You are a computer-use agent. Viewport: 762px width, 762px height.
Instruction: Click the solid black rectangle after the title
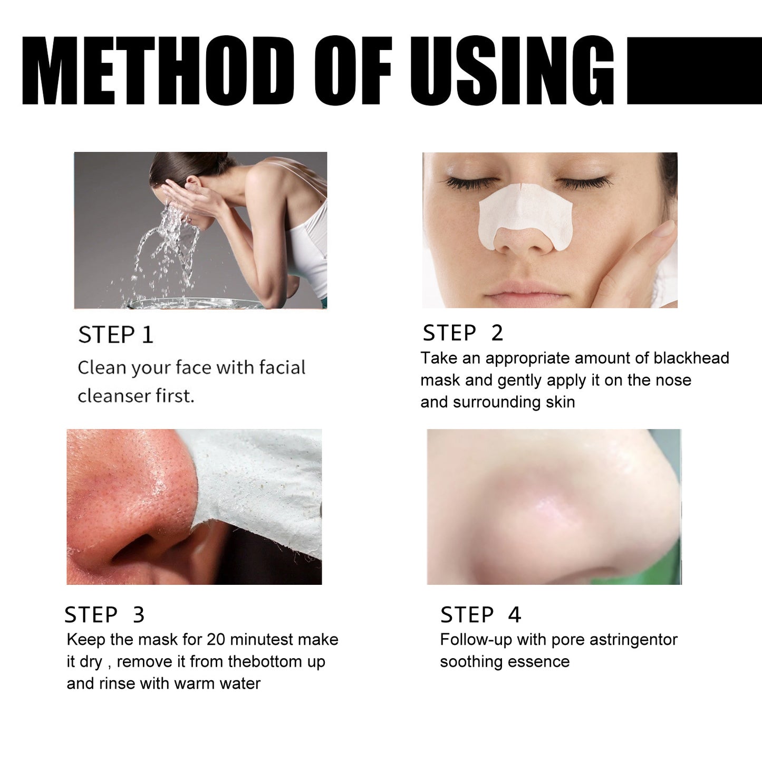click(693, 71)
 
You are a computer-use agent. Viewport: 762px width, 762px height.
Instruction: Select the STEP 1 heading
click(115, 335)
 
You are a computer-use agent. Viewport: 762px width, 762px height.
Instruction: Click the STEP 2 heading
click(462, 333)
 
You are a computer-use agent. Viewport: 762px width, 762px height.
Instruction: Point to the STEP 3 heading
click(104, 615)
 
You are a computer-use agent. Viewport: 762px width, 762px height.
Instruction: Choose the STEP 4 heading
click(480, 615)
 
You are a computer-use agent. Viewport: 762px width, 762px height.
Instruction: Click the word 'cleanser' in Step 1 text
click(113, 396)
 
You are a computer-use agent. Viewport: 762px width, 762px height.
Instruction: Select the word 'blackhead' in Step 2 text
click(691, 358)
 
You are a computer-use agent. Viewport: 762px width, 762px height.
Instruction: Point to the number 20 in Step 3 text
click(216, 640)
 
